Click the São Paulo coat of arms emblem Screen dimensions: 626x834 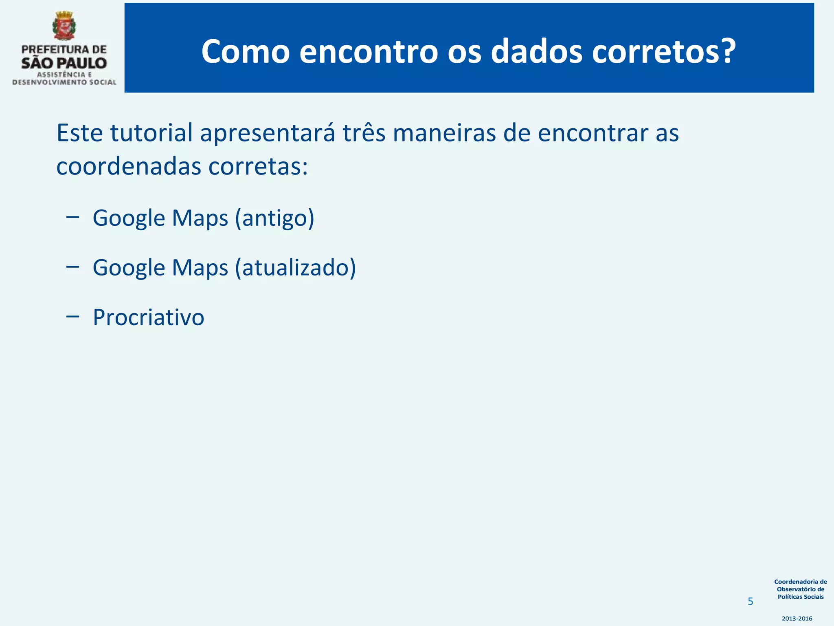[x=64, y=26]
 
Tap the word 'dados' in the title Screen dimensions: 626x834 [x=536, y=52]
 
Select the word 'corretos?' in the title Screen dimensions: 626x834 [x=664, y=52]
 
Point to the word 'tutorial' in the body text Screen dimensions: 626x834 [x=151, y=133]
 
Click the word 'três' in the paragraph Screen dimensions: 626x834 [x=364, y=133]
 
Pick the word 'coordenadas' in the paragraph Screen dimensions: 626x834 [x=129, y=166]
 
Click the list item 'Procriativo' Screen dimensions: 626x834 [x=149, y=317]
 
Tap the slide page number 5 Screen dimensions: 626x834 [x=751, y=602]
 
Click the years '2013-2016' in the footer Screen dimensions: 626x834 [x=797, y=619]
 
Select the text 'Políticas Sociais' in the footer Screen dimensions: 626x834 [x=801, y=597]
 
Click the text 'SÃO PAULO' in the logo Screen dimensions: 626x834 [x=64, y=63]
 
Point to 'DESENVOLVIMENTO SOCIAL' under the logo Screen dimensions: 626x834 [x=64, y=82]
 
